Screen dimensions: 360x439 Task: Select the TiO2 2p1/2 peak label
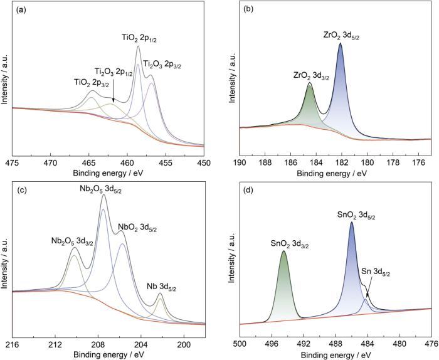point(139,39)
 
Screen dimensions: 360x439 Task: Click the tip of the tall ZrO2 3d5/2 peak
point(341,43)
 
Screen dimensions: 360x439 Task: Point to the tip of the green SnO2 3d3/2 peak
point(284,251)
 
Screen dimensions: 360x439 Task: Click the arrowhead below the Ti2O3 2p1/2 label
point(114,101)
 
